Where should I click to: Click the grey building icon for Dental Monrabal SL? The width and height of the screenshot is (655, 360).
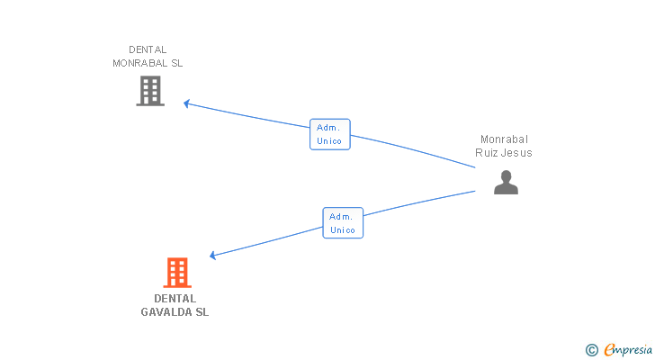click(x=150, y=91)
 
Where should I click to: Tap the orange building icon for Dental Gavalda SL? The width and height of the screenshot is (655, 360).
click(x=177, y=273)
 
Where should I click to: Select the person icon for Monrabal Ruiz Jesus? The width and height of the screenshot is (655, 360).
click(x=506, y=183)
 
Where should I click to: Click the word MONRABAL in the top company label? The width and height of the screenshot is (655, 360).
click(x=140, y=63)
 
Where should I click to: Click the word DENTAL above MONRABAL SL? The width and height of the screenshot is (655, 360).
click(x=148, y=49)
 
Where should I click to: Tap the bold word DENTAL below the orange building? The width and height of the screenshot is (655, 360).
click(x=175, y=299)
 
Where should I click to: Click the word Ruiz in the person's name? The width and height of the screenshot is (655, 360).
click(x=485, y=153)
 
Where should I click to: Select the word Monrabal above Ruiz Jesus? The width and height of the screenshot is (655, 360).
click(x=504, y=139)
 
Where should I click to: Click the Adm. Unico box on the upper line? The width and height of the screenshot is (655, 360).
click(x=330, y=134)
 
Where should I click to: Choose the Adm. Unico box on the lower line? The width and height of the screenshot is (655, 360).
click(x=343, y=223)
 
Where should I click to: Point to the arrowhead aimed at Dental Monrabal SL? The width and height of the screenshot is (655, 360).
click(x=187, y=103)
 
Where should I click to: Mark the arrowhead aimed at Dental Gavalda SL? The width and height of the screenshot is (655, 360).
click(x=213, y=256)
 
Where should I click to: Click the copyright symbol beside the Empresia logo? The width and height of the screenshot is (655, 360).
click(x=591, y=350)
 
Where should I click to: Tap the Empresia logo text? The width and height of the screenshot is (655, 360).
click(x=628, y=350)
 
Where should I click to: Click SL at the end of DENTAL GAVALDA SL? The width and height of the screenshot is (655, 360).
click(x=202, y=312)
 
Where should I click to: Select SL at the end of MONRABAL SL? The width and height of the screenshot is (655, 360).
click(x=176, y=63)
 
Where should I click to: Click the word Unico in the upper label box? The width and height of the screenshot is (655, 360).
click(x=329, y=141)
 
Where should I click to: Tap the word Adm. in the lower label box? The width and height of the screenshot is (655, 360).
click(x=341, y=217)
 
